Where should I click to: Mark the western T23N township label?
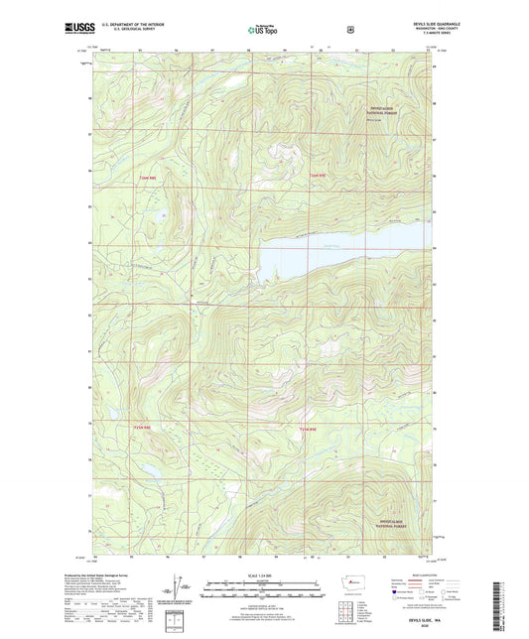144,428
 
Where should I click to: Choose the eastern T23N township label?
309,428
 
